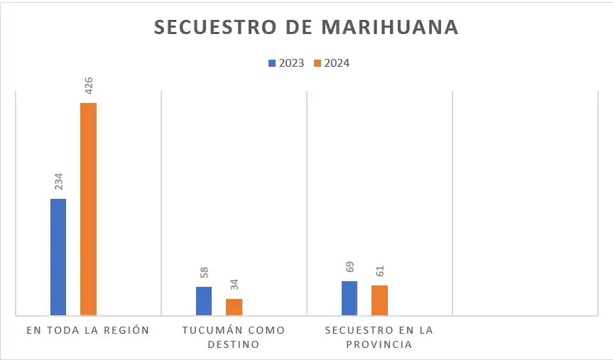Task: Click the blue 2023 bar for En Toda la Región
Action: [x=58, y=256]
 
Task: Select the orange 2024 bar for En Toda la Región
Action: [x=88, y=209]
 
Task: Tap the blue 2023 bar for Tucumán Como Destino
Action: [x=204, y=300]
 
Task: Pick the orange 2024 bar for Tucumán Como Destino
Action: [x=234, y=307]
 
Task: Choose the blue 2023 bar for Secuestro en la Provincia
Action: [x=349, y=298]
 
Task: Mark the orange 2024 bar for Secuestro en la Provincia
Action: [x=379, y=300]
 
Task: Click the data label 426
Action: [x=89, y=86]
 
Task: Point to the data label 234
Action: [x=59, y=182]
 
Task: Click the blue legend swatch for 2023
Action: [x=271, y=63]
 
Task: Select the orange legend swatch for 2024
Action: [x=318, y=63]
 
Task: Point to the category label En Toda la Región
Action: [x=88, y=330]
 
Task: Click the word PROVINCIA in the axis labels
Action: [x=379, y=344]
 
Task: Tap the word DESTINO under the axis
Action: [x=234, y=344]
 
